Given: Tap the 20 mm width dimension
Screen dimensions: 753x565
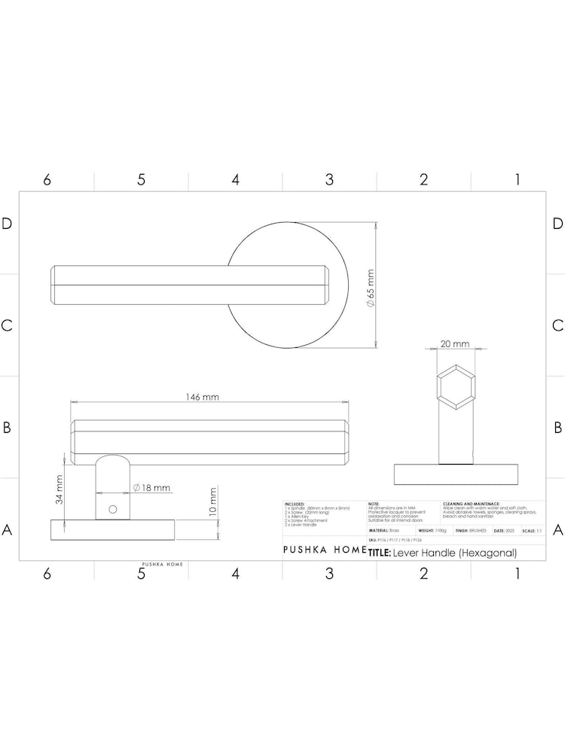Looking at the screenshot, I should pyautogui.click(x=454, y=344).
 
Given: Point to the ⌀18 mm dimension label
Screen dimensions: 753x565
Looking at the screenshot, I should pyautogui.click(x=152, y=488).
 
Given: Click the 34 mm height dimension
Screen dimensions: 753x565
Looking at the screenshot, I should pyautogui.click(x=59, y=489).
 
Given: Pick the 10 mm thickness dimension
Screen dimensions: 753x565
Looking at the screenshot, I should pyautogui.click(x=213, y=501).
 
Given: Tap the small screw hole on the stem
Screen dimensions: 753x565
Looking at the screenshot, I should pyautogui.click(x=112, y=509).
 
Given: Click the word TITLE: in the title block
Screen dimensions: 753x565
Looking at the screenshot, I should pyautogui.click(x=378, y=553).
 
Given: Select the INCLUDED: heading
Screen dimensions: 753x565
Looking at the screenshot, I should pyautogui.click(x=295, y=504).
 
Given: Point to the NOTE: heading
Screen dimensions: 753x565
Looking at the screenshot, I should pyautogui.click(x=374, y=504).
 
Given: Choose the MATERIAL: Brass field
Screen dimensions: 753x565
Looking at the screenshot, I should pyautogui.click(x=383, y=531).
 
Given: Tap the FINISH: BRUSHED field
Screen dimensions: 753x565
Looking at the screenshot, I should pyautogui.click(x=471, y=531).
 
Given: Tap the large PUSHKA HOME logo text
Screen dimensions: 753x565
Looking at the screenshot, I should pyautogui.click(x=324, y=550).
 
